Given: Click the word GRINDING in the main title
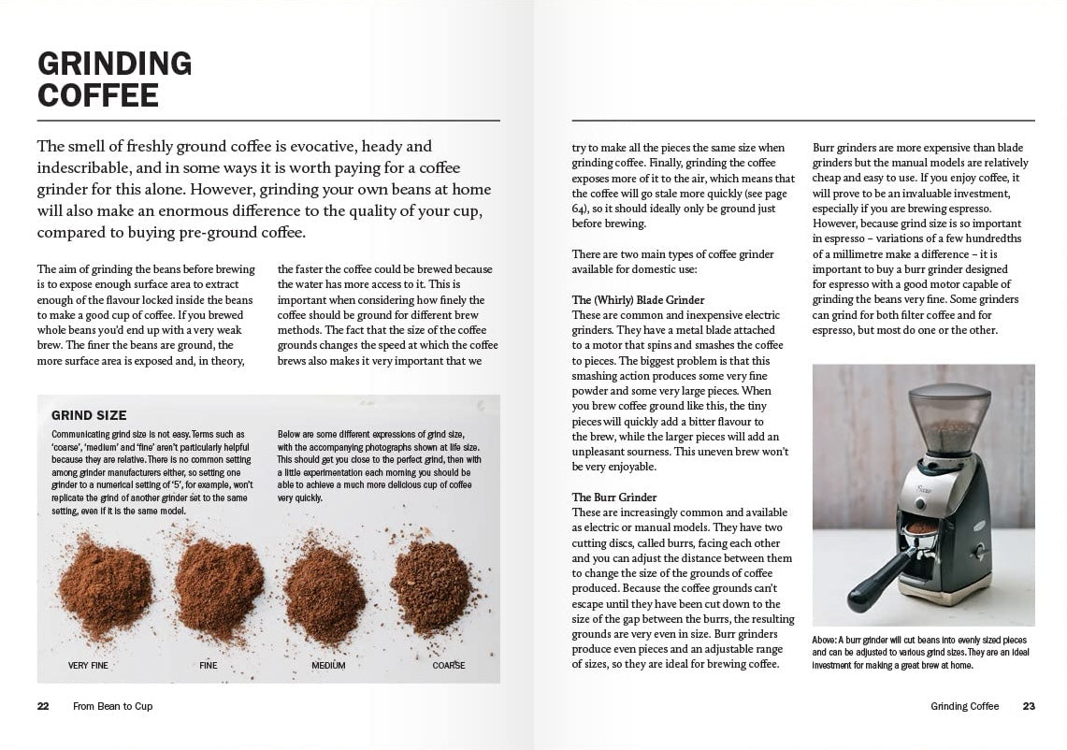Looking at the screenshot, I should pos(114,64).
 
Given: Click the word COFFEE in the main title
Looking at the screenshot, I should pos(97,95).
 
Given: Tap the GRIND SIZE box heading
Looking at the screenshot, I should pos(89,415).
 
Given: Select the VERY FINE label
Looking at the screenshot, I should pos(88,666).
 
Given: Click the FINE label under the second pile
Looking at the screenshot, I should pos(208,666).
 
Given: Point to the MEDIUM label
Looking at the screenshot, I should pos(328,666).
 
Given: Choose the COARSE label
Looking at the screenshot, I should pos(449,666).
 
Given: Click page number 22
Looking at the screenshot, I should pos(43,706).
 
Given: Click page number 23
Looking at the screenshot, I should pos(1029,706).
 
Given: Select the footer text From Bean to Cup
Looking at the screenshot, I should pos(112,706).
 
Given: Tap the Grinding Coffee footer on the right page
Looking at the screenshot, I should pos(964,706).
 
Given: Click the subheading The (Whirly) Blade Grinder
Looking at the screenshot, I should pos(638,300).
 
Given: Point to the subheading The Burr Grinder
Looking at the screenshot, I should pos(614,498).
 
